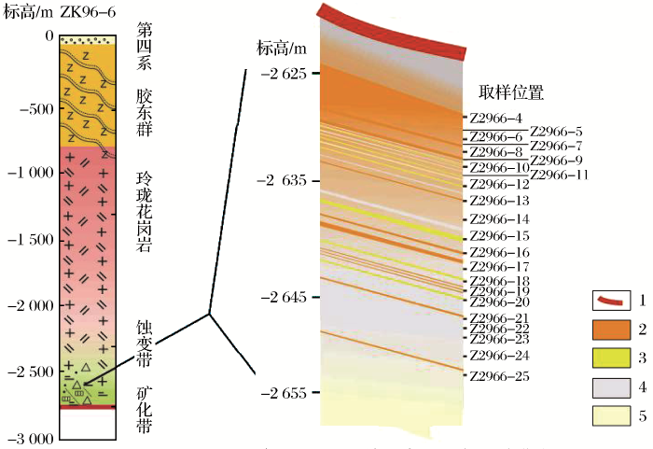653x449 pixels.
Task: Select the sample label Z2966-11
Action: coord(560,175)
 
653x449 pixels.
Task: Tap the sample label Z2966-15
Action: coord(499,236)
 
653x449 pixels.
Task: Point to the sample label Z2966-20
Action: coord(499,302)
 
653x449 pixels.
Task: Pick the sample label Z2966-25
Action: coord(499,376)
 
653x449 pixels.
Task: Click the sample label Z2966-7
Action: coord(556,146)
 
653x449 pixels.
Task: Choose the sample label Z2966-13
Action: coord(499,201)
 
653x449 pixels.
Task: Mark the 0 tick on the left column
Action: coord(49,36)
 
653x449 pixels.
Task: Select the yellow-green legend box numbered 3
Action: coord(608,358)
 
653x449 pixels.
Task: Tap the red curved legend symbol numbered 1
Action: coord(608,301)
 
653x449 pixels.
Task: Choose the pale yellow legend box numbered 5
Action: coord(608,415)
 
